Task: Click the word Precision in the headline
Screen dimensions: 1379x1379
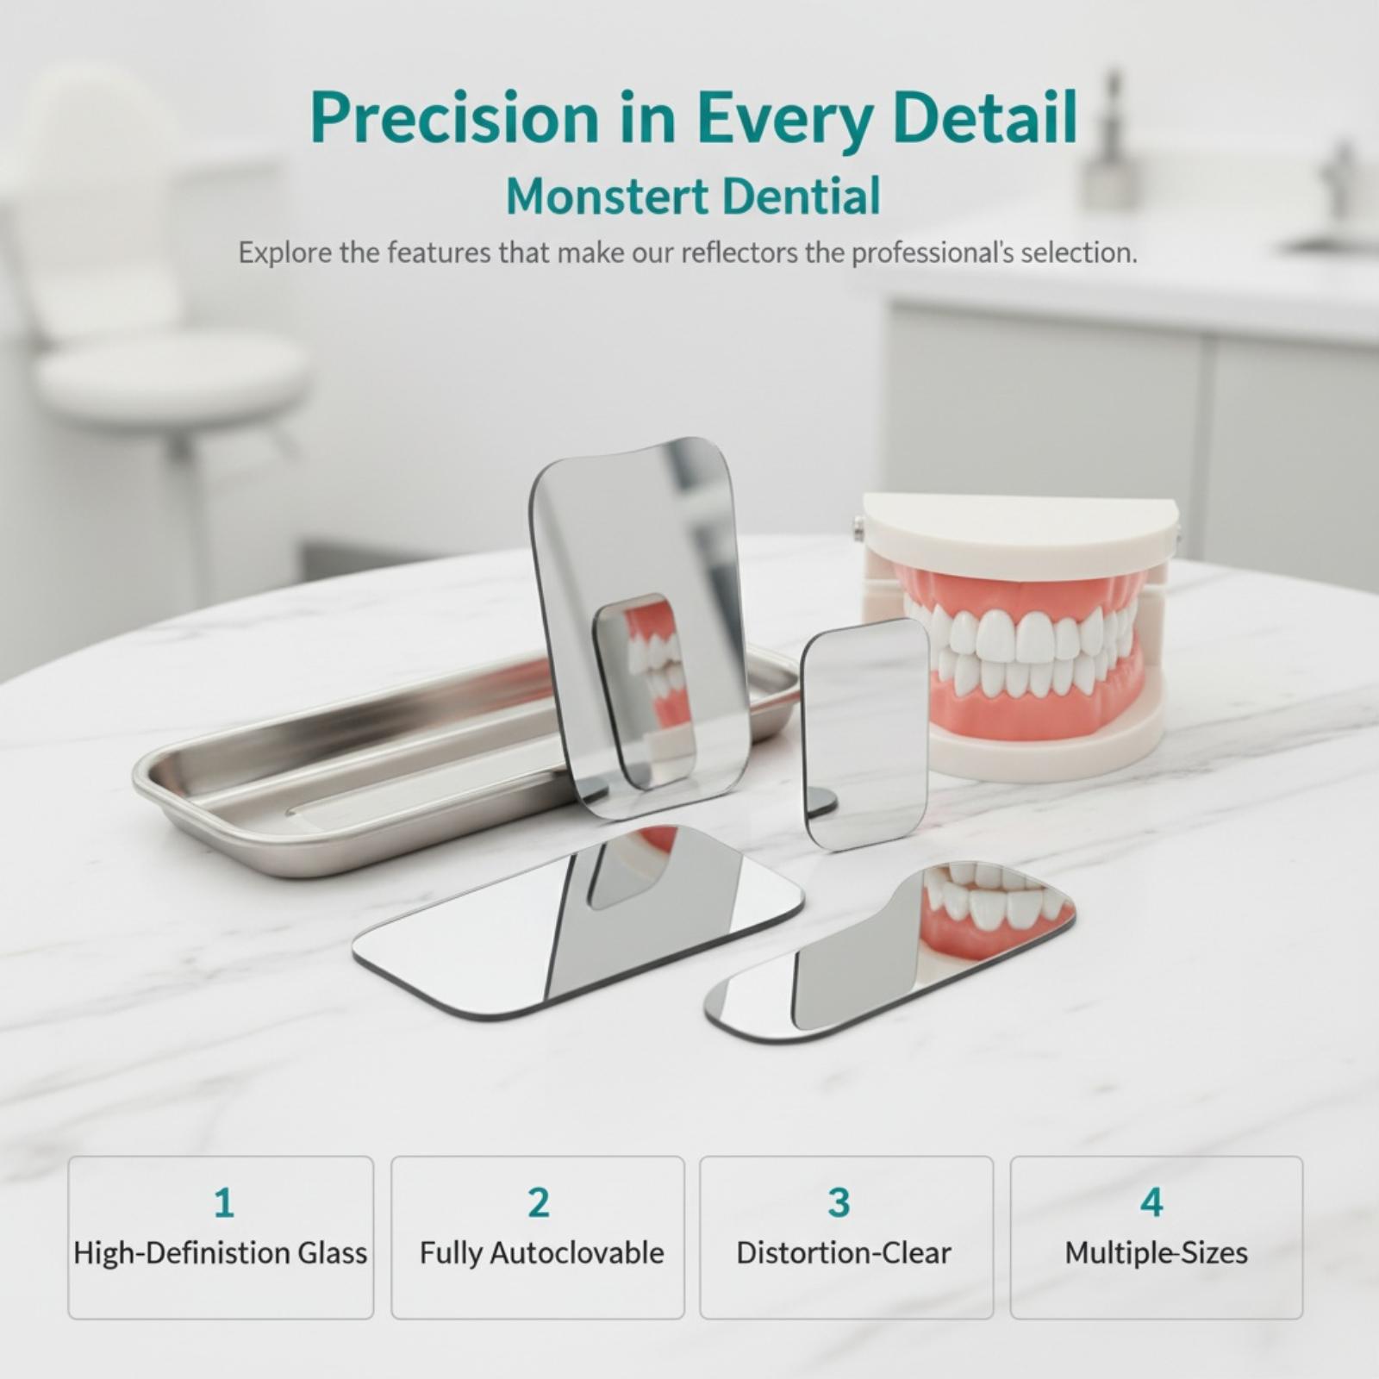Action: tap(454, 117)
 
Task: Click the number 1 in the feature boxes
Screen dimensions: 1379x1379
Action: tap(224, 1202)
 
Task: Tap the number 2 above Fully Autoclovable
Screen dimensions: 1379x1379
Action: tap(539, 1202)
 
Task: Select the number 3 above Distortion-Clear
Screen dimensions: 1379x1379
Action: tap(839, 1202)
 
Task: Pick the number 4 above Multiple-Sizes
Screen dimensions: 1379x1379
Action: tap(1152, 1202)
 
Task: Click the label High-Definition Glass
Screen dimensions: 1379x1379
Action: tap(221, 1253)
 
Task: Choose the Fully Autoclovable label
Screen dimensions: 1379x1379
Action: tap(542, 1253)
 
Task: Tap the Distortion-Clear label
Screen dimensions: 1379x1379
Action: tap(844, 1252)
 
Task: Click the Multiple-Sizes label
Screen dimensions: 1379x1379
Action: tap(1157, 1253)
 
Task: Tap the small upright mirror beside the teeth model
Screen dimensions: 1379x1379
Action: tap(864, 733)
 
